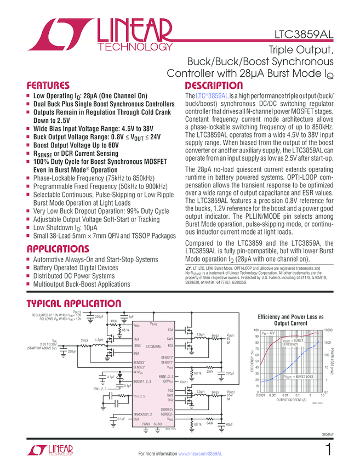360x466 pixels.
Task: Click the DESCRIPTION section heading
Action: coord(214,86)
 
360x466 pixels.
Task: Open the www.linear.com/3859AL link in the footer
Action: coord(200,454)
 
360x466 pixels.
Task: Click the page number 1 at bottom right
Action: coord(328,451)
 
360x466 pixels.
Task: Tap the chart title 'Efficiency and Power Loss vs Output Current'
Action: coord(291,320)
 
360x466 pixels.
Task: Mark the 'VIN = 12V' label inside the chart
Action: coord(268,333)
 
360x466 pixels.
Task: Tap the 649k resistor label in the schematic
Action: coord(209,423)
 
